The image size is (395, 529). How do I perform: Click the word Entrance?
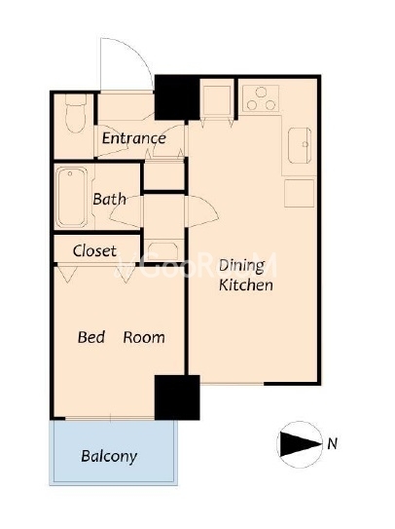(134, 138)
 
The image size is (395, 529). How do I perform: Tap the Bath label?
(110, 199)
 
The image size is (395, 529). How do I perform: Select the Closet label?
(94, 250)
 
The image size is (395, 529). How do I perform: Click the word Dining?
(241, 266)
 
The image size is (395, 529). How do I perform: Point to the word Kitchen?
(246, 285)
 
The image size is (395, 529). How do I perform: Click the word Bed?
(91, 337)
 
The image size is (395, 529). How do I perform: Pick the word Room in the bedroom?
(144, 337)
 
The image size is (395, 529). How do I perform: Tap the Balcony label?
(109, 457)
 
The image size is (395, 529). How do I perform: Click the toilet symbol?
(76, 113)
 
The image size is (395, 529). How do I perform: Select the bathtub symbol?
(71, 197)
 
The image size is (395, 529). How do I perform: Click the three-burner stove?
(261, 98)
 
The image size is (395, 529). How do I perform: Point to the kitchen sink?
(300, 145)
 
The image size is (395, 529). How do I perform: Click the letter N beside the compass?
(333, 443)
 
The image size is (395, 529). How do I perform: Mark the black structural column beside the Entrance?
(177, 97)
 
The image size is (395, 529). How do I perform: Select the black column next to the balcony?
(177, 397)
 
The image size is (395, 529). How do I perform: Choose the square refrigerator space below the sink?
(300, 193)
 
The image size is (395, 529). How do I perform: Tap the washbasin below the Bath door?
(163, 250)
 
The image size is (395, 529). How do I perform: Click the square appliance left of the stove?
(217, 100)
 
